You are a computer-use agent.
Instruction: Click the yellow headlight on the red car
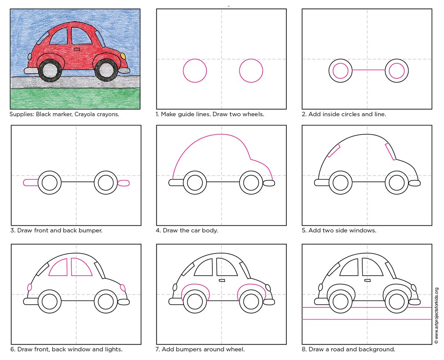[123, 55]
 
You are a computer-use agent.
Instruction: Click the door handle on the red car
[77, 49]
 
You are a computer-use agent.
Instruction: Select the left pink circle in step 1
[195, 70]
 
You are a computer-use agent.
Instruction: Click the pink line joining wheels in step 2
[368, 70]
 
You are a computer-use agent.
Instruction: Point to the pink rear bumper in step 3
[30, 182]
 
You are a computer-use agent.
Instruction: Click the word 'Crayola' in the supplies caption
[85, 114]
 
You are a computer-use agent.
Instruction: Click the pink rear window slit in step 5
[333, 151]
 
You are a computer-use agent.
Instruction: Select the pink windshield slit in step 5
[390, 152]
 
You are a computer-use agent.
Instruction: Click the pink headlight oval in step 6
[123, 287]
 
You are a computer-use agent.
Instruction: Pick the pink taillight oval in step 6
[30, 287]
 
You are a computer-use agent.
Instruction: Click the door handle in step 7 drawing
[222, 280]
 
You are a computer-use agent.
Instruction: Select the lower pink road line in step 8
[367, 319]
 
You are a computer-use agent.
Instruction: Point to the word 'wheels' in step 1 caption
[253, 114]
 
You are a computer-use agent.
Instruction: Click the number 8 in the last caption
[303, 349]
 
